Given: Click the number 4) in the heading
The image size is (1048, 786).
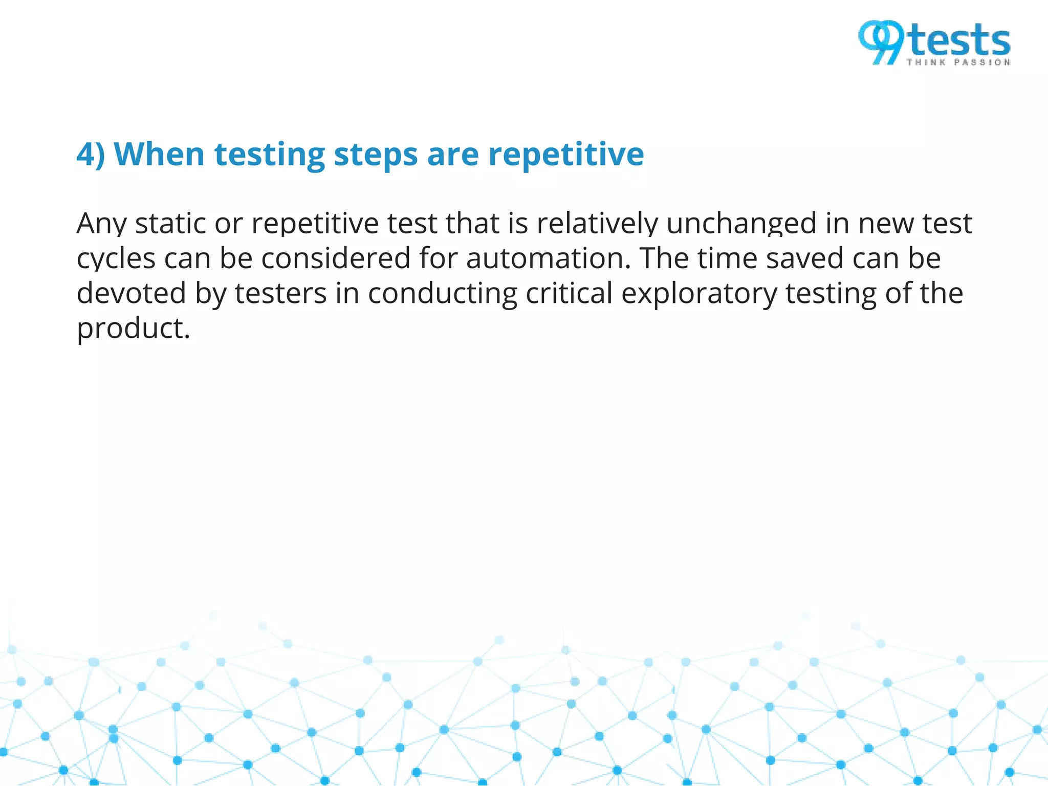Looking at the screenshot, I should click(x=91, y=154).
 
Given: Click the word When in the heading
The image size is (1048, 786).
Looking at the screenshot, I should click(x=159, y=154).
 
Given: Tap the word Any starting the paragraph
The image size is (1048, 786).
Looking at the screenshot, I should click(x=101, y=224).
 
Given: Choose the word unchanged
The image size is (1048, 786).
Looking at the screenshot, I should click(x=741, y=224).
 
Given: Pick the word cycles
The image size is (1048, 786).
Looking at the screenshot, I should click(x=116, y=259).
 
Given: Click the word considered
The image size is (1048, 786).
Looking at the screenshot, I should click(x=336, y=258).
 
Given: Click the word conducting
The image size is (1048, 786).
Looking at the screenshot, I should click(x=443, y=294).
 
